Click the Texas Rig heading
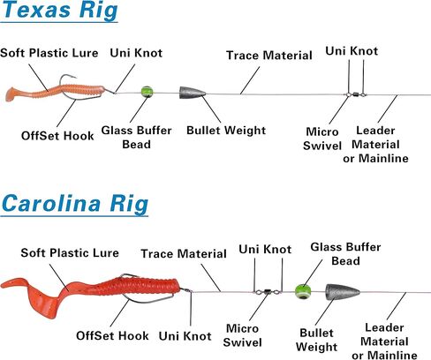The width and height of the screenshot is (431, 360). pyautogui.click(x=59, y=10)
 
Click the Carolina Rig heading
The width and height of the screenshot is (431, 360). pyautogui.click(x=75, y=204)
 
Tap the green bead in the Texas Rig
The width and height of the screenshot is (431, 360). pyautogui.click(x=147, y=92)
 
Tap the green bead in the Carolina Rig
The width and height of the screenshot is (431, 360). pyautogui.click(x=303, y=291)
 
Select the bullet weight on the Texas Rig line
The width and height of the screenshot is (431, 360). pyautogui.click(x=193, y=93)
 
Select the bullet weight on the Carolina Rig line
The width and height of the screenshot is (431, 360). pyautogui.click(x=342, y=292)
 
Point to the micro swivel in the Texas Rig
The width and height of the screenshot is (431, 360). pyautogui.click(x=355, y=94)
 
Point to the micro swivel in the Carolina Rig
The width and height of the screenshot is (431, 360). pyautogui.click(x=268, y=292)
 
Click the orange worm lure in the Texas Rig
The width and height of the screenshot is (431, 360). pyautogui.click(x=55, y=92)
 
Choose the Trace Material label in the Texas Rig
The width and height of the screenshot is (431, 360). pyautogui.click(x=269, y=56)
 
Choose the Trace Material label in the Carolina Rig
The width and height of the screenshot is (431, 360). pyautogui.click(x=184, y=253)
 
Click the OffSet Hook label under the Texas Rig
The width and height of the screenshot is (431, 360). pyautogui.click(x=57, y=136)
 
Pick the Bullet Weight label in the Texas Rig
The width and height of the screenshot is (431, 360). pyautogui.click(x=226, y=131)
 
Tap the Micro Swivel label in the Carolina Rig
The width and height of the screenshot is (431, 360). pyautogui.click(x=242, y=335)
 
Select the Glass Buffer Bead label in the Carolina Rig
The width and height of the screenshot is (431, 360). pyautogui.click(x=345, y=254)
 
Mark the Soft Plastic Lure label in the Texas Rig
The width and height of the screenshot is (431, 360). pyautogui.click(x=49, y=53)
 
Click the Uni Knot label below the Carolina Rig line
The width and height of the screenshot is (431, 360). pyautogui.click(x=185, y=336)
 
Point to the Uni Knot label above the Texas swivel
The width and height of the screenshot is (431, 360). pyautogui.click(x=352, y=51)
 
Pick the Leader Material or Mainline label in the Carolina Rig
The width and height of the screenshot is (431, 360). pyautogui.click(x=384, y=341)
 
